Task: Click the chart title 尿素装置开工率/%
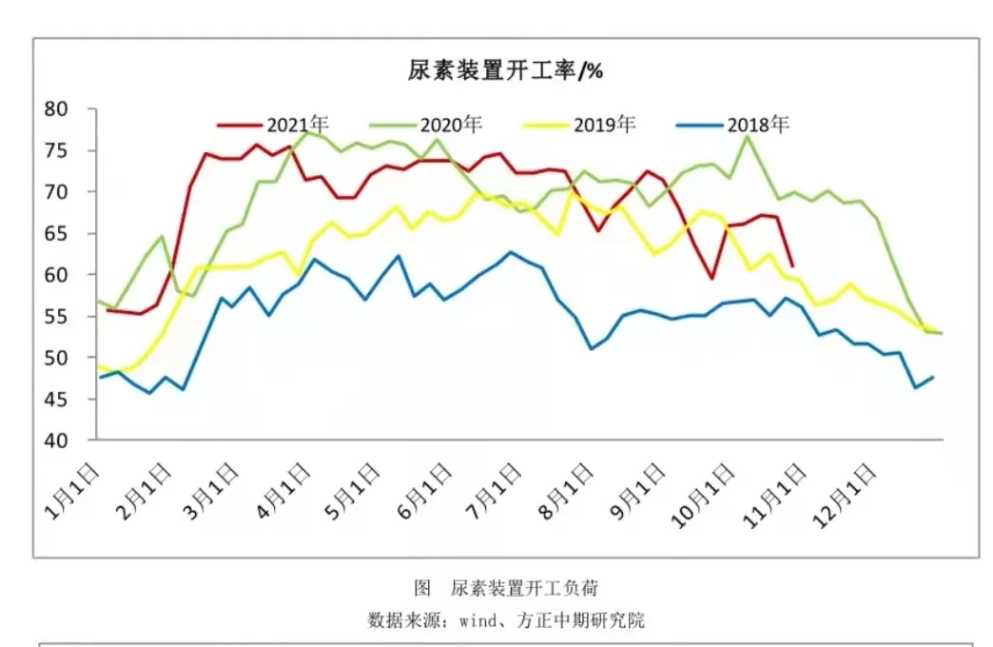(505, 71)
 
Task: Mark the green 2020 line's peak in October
(748, 136)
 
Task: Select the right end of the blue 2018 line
(933, 377)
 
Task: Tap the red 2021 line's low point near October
(711, 278)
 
